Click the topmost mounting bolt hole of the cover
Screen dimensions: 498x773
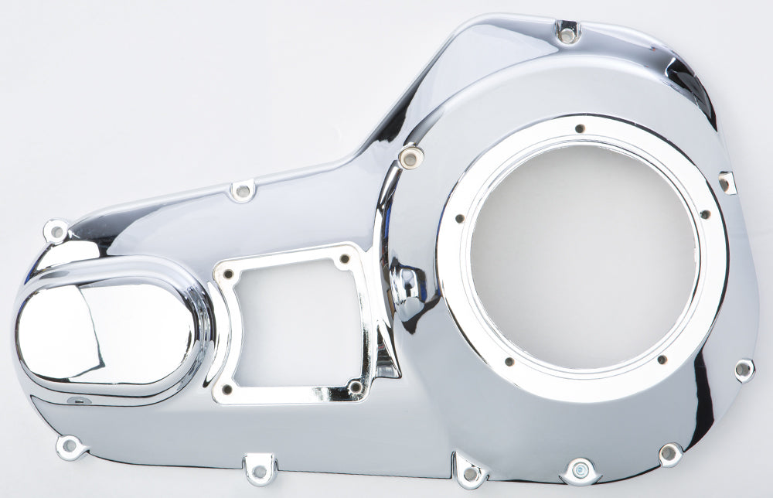click(567, 33)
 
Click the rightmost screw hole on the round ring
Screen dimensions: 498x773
click(704, 214)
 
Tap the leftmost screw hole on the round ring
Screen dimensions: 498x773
click(459, 219)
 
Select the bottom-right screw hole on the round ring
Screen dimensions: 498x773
click(661, 359)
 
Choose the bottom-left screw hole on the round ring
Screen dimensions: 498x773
click(509, 361)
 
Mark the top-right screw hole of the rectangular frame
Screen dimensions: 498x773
click(344, 259)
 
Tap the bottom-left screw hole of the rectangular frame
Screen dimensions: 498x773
click(226, 390)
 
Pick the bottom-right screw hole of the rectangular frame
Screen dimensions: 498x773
click(355, 386)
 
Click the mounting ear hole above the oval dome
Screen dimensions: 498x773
click(56, 230)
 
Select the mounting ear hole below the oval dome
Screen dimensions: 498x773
click(70, 445)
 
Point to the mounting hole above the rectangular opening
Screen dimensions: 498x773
click(243, 189)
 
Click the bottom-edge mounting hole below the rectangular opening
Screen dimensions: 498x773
click(260, 469)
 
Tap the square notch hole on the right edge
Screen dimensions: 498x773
click(726, 182)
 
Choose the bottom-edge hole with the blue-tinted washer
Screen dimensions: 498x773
click(581, 469)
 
